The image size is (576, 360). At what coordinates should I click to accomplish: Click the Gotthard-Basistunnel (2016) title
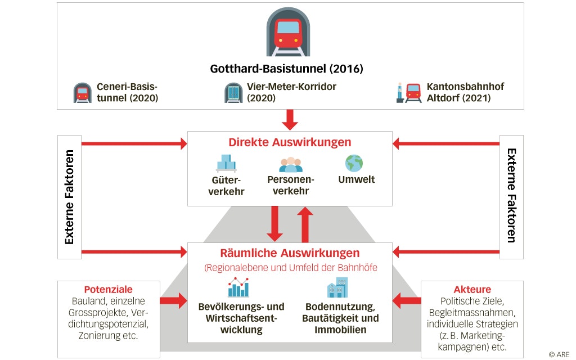pyautogui.click(x=287, y=69)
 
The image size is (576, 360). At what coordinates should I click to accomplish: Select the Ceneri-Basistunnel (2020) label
pyautogui.click(x=127, y=92)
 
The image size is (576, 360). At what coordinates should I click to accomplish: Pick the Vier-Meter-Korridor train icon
pyautogui.click(x=233, y=93)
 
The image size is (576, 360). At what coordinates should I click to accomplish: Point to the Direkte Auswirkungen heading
pyautogui.click(x=290, y=143)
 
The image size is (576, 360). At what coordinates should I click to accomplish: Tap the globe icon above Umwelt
pyautogui.click(x=354, y=163)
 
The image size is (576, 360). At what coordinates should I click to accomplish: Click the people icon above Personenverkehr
pyautogui.click(x=291, y=164)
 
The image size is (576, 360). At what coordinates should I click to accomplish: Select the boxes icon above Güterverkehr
pyautogui.click(x=226, y=163)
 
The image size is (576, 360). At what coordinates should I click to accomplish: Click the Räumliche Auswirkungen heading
pyautogui.click(x=290, y=253)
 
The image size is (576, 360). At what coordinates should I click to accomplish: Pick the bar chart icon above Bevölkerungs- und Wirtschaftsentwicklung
pyautogui.click(x=238, y=287)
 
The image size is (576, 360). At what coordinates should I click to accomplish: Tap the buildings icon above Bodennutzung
pyautogui.click(x=337, y=287)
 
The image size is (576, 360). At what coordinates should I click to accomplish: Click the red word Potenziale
pyautogui.click(x=108, y=290)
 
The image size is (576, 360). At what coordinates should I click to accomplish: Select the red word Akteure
pyautogui.click(x=472, y=290)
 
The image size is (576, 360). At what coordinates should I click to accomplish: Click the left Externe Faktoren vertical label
pyautogui.click(x=70, y=196)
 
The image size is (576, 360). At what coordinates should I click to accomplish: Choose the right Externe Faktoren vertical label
pyautogui.click(x=511, y=195)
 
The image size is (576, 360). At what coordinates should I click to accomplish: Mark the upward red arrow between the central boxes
pyautogui.click(x=305, y=223)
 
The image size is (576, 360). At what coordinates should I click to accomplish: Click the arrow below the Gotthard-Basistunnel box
pyautogui.click(x=290, y=119)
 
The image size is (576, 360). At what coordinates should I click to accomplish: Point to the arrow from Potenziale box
pyautogui.click(x=174, y=300)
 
